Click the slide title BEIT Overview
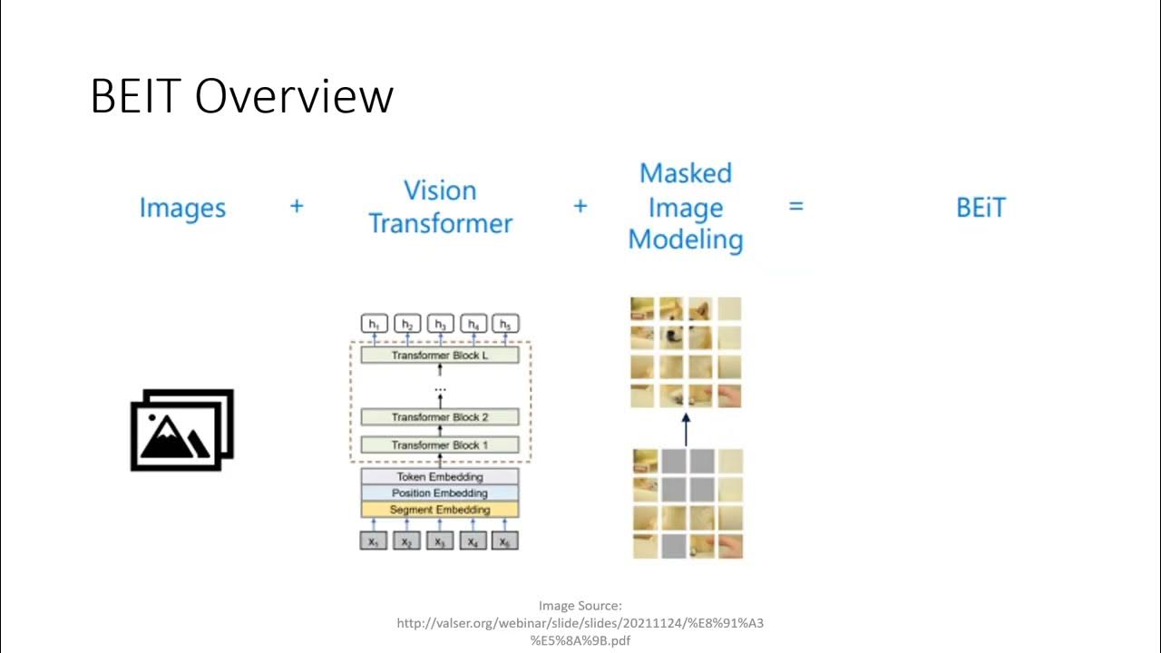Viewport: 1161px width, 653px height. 241,96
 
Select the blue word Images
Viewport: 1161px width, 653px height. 182,208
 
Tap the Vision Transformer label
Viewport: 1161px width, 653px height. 440,207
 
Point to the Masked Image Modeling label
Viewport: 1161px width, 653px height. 686,207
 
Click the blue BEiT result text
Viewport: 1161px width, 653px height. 981,208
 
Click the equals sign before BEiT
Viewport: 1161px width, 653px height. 796,207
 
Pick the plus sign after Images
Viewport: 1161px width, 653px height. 297,207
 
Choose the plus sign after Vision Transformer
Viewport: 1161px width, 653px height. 580,207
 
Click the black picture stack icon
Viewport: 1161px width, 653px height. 182,430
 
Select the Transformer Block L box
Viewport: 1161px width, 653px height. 440,356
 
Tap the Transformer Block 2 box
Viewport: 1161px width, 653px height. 440,417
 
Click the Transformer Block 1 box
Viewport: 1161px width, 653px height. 440,445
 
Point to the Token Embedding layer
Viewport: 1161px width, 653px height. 440,477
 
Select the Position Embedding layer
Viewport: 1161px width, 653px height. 440,493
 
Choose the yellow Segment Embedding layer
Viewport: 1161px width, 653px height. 440,510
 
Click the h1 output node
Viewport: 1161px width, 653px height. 375,324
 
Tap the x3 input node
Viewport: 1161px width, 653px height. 440,541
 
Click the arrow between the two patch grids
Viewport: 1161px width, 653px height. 686,429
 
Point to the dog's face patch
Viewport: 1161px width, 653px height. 672,337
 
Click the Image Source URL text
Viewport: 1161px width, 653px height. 580,623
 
